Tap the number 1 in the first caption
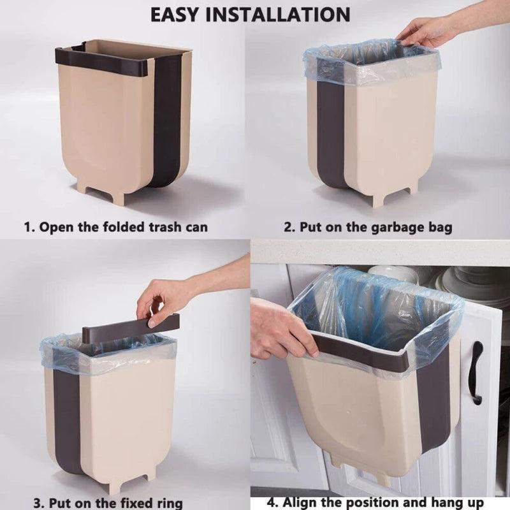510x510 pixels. point(27,226)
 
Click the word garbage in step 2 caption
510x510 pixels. point(399,227)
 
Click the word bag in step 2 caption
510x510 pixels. point(441,227)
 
